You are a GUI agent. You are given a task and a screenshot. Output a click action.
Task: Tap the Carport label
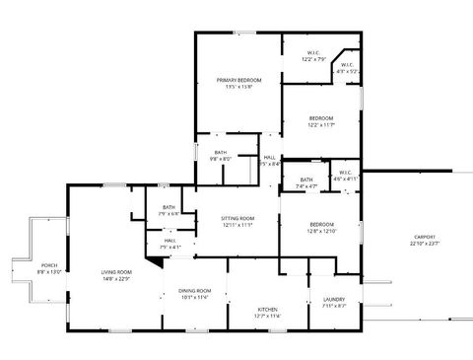425,237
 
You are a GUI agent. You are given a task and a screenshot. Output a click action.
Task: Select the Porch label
48,264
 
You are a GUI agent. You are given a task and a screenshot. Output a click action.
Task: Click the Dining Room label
195,290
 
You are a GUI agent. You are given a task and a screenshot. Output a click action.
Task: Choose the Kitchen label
268,310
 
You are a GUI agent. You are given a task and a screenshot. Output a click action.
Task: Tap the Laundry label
333,300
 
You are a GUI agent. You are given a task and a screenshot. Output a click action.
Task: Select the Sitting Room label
238,218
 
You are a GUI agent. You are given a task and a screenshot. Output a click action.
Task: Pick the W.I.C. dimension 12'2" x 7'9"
313,59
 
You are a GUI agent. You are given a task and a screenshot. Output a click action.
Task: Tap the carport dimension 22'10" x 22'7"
425,244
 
